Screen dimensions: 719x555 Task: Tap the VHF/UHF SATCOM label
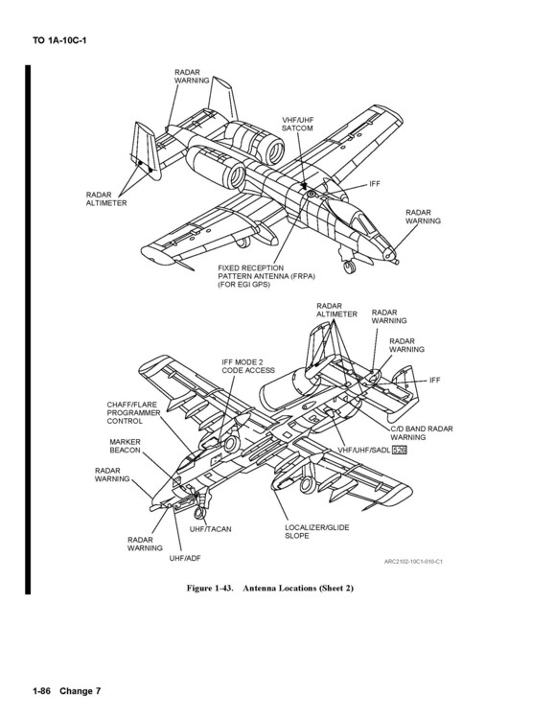point(298,124)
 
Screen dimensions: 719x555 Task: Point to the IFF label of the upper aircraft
point(376,182)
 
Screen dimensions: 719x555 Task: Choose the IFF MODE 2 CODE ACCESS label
point(248,365)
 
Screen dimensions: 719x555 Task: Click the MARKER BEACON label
point(126,446)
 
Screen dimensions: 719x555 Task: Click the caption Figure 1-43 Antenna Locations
point(270,587)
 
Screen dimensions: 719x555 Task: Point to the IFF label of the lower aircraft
point(434,381)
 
